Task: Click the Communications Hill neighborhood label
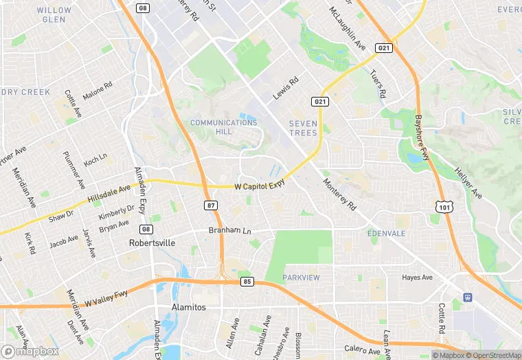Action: tap(223, 127)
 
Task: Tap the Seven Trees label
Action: tap(303, 128)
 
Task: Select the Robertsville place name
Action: tap(152, 243)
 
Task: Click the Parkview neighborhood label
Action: tap(301, 278)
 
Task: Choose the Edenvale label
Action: tap(387, 234)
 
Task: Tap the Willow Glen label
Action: tap(54, 15)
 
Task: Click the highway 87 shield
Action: tap(212, 205)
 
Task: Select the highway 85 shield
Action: tap(247, 282)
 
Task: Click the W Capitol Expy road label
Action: tap(259, 185)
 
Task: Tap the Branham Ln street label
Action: tap(229, 231)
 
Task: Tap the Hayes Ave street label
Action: tap(417, 278)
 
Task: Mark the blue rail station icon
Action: tap(467, 297)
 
